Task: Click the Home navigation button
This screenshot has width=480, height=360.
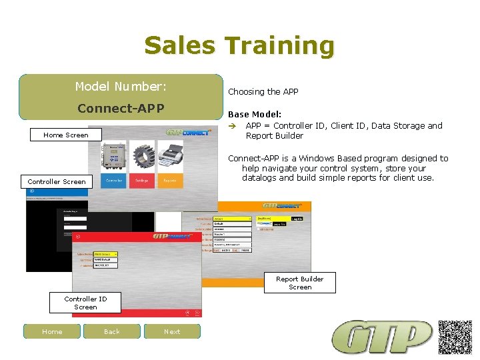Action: coord(52,331)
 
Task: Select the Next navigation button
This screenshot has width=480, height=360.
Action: coord(172,331)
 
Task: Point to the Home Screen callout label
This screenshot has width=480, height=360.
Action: coord(65,135)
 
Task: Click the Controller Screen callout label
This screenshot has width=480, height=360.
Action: coord(57,181)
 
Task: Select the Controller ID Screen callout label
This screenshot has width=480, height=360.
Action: coord(85,303)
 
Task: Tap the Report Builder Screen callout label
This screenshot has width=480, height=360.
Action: coord(300,283)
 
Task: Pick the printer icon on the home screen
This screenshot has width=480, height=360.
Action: coord(169,158)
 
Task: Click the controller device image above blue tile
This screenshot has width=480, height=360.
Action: coord(114,157)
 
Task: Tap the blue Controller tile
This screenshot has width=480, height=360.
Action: coord(114,181)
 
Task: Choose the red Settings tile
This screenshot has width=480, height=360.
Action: coord(142,181)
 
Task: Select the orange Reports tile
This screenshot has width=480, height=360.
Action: coord(170,181)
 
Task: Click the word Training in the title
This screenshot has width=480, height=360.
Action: coord(279,45)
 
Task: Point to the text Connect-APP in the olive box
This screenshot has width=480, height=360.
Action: coord(121,108)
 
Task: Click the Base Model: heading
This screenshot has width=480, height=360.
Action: coord(255,114)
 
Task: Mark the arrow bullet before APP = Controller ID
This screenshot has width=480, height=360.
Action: coord(233,126)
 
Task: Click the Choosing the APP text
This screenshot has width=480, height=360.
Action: coord(263,92)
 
